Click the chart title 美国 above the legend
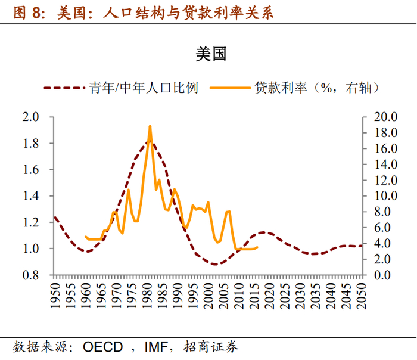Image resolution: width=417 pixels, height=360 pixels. (x=210, y=55)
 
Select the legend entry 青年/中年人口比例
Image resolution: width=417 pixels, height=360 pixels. (x=144, y=88)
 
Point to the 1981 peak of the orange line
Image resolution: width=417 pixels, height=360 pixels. (x=150, y=126)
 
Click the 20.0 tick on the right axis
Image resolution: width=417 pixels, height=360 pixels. (x=382, y=117)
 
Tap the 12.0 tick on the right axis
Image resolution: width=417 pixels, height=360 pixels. (x=382, y=180)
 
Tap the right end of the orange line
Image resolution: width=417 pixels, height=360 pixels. (x=257, y=247)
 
